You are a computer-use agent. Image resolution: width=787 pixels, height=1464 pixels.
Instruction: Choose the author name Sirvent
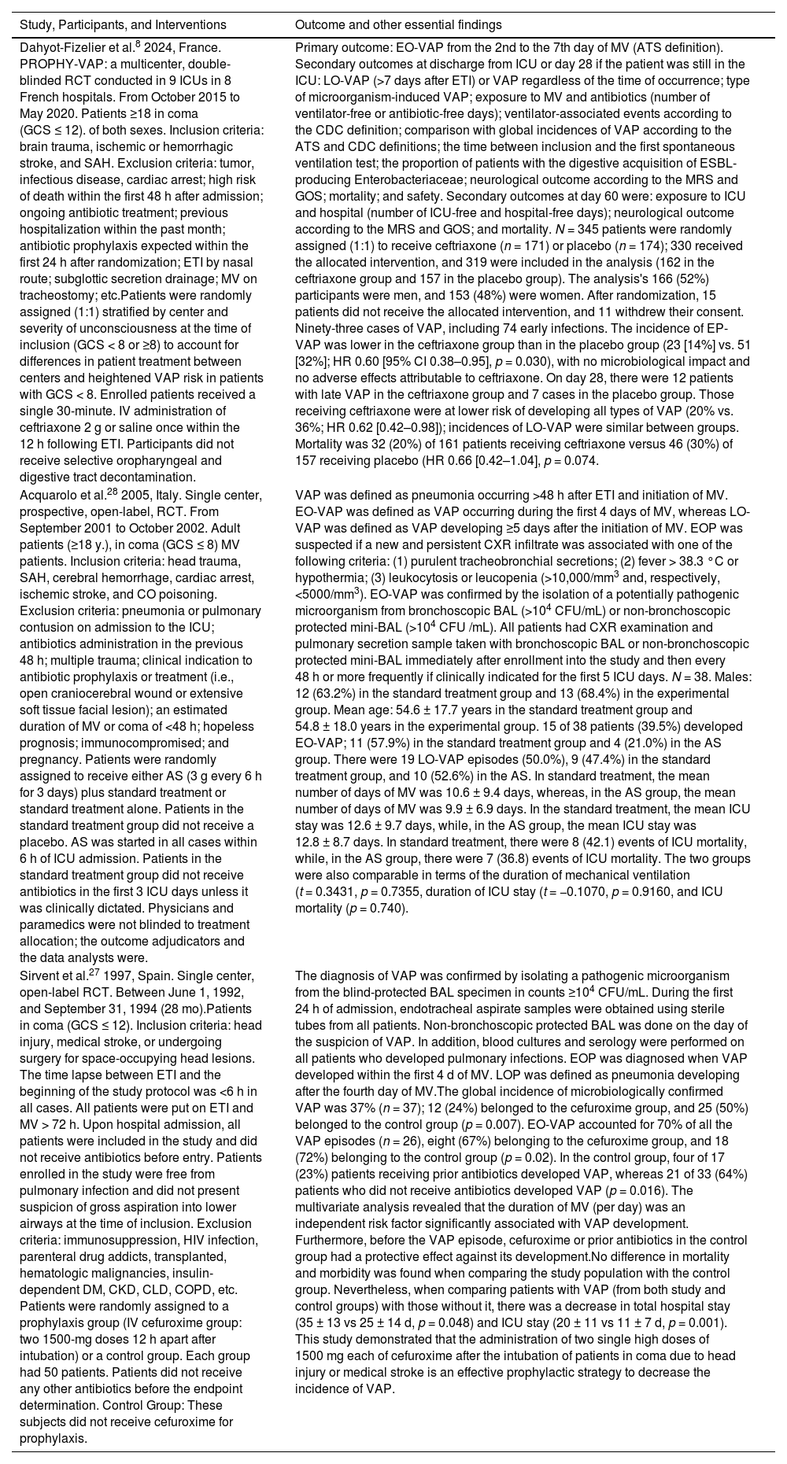point(36,975)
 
